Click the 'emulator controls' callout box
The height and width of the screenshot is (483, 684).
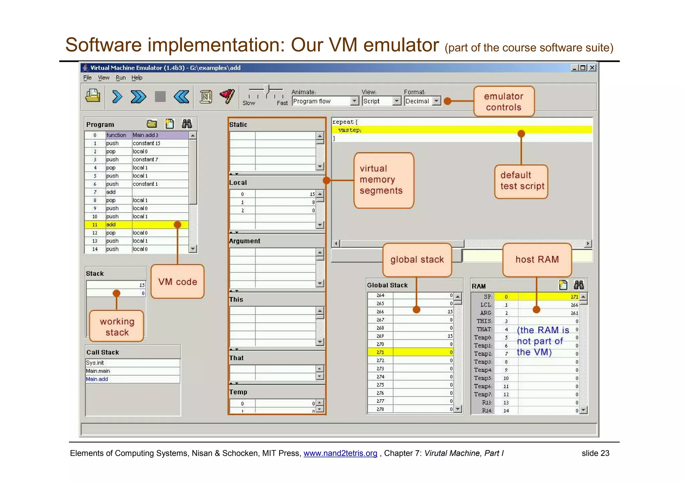point(504,101)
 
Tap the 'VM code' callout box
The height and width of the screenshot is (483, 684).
point(177,281)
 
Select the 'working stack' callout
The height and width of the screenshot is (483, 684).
point(117,326)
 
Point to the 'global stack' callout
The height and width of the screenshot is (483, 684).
point(417,260)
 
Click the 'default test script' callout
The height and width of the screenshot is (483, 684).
point(522,181)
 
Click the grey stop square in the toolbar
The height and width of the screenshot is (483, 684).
point(160,97)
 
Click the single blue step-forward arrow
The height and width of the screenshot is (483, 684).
point(117,97)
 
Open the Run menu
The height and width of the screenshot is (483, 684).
point(121,78)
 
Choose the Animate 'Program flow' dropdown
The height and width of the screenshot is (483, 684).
point(325,101)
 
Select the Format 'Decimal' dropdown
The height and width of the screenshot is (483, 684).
point(422,101)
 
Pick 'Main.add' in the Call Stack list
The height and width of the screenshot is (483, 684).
point(97,379)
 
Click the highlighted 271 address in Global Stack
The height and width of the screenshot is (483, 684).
point(380,352)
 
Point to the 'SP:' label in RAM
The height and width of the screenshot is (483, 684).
point(488,297)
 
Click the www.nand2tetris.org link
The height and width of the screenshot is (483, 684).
point(340,453)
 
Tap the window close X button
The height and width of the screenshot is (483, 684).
point(592,68)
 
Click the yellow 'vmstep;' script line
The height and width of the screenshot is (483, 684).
point(350,130)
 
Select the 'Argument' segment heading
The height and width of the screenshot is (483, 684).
point(244,241)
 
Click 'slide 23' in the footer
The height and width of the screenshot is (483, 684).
point(595,453)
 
